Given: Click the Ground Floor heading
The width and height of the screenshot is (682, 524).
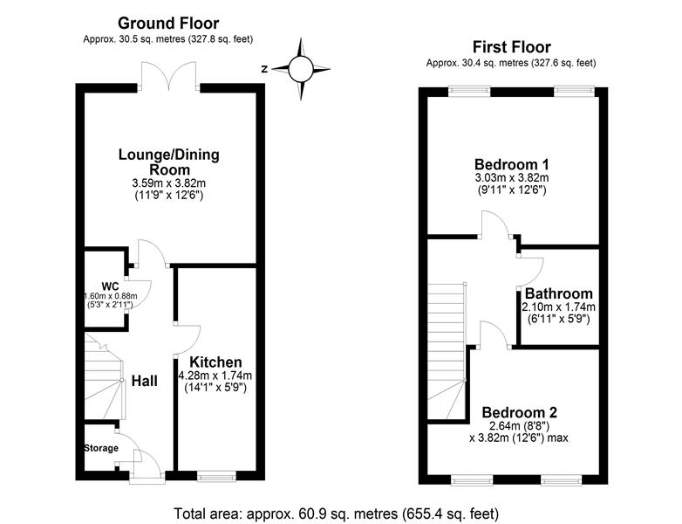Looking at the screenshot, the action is coord(168,23).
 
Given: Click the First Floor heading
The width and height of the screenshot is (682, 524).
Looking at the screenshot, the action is coord(511,47).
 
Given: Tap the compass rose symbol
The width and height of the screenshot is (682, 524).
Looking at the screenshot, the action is coord(301,69).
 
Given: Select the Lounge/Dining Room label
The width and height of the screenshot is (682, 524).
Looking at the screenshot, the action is coord(169,162).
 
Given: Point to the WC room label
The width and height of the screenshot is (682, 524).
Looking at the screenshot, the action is coord(110,286).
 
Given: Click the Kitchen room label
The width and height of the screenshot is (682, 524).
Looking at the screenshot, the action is coord(215,362).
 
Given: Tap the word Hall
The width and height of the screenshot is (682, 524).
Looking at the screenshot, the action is coord(145,381).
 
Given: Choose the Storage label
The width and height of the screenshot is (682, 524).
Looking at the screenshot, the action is coord(101,448).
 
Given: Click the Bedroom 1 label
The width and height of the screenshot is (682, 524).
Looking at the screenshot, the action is coord(511,165).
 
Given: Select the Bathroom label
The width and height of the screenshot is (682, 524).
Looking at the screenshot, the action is coord(558,293).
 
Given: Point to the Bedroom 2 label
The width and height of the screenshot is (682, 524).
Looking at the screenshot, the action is coord(519,412).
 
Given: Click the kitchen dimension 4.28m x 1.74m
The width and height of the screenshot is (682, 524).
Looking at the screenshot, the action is coord(215,376).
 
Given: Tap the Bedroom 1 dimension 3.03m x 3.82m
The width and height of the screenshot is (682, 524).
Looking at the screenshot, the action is coord(511,177).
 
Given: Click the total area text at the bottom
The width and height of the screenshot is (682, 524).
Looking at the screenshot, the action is coord(337,514).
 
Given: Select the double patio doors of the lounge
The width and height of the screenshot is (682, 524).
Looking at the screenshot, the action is coord(169,77).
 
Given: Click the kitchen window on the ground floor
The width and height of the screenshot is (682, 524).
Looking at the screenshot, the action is coord(216,476).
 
